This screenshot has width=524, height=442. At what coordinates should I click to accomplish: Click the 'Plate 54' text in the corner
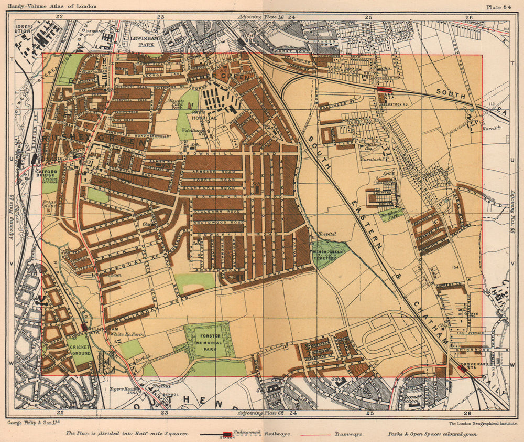click(501, 7)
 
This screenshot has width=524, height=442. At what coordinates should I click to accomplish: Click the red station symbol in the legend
click(227, 435)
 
